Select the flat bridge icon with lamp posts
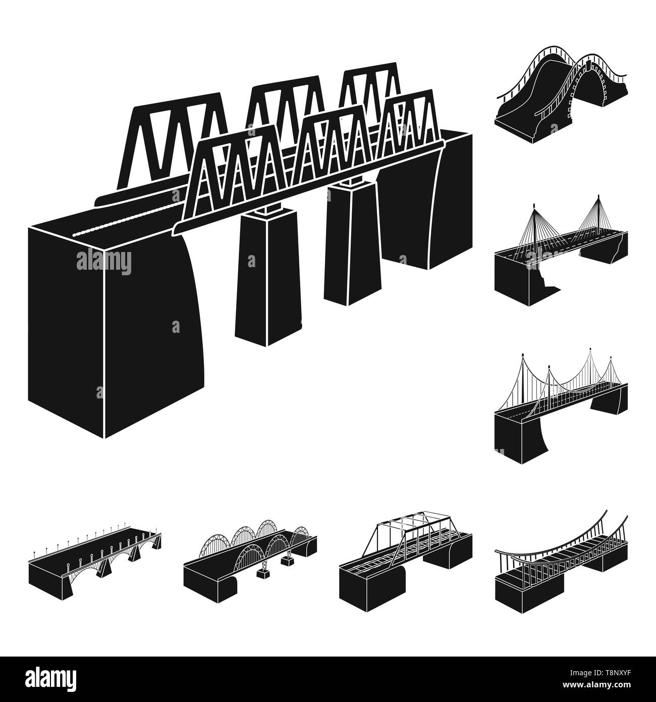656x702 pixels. tap(93, 576)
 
